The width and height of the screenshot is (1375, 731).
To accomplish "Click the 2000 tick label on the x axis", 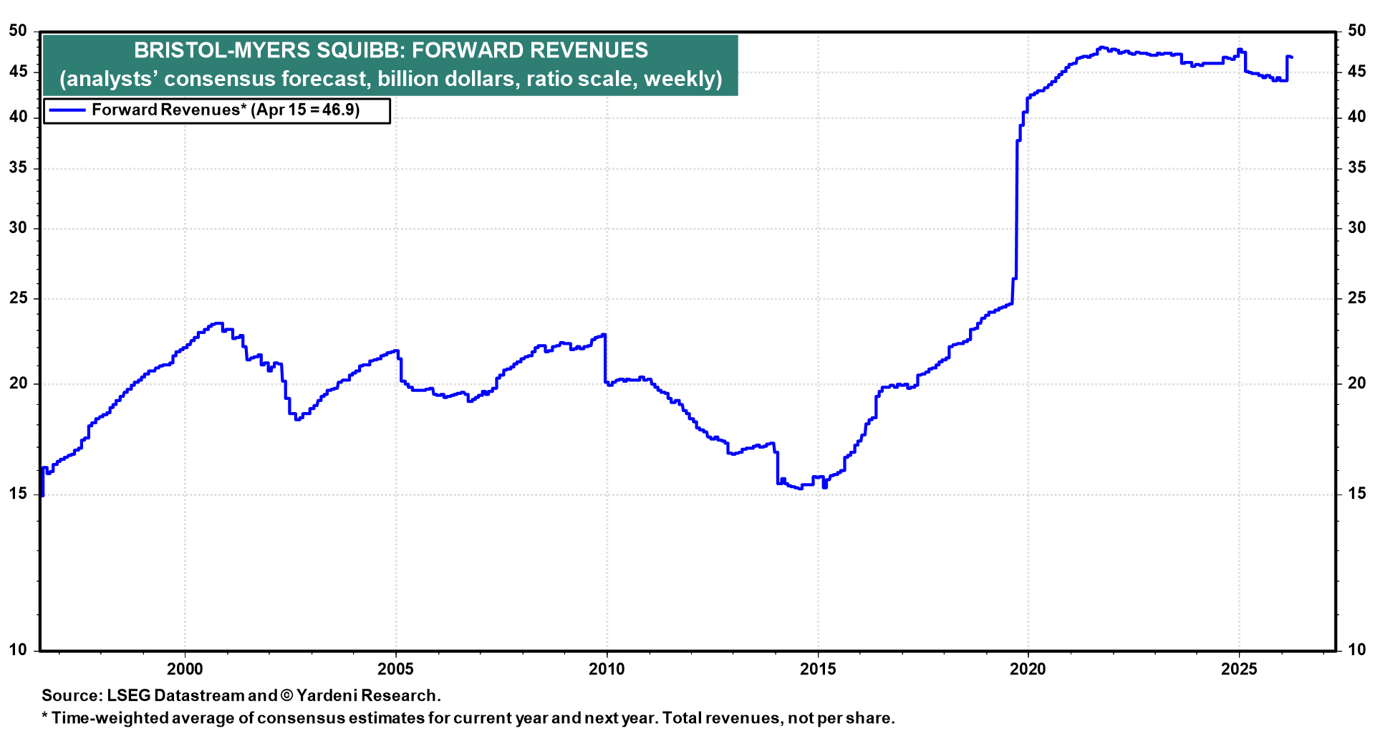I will (185, 669).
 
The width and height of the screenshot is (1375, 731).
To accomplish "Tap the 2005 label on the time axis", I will (395, 669).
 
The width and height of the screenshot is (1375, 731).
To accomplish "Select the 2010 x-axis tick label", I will (607, 669).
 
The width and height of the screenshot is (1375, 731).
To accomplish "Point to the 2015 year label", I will (817, 669).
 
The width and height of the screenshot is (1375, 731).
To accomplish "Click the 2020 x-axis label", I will (1028, 669).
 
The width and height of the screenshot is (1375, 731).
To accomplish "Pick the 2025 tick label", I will (1239, 669).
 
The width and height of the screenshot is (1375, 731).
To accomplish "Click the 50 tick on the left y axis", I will (18, 31).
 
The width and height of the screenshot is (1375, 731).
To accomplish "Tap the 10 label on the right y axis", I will (1356, 650).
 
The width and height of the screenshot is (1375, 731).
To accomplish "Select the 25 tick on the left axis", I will (18, 298).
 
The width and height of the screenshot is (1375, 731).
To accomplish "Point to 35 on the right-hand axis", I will (1356, 168).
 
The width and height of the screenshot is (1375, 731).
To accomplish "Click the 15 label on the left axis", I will (18, 494).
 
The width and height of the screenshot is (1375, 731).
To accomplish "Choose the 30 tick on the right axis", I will (1356, 228).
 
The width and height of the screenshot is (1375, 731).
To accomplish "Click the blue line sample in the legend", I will (66, 110).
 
